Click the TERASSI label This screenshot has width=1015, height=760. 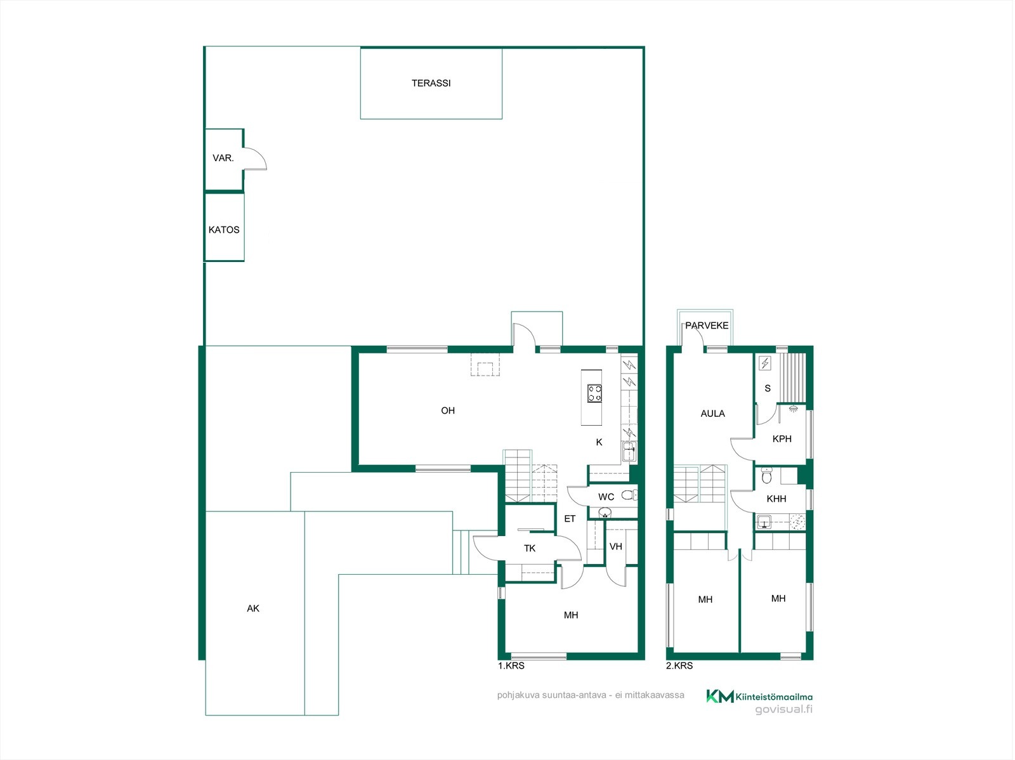(431, 83)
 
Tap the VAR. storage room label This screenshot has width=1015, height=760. (223, 158)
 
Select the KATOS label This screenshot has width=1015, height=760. (224, 230)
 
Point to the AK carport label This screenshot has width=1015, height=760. (253, 608)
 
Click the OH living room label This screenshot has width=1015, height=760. (448, 410)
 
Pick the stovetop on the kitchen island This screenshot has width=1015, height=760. (594, 393)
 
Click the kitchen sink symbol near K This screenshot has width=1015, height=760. (629, 452)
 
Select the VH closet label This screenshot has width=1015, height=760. (615, 546)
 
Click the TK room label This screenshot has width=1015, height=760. (530, 548)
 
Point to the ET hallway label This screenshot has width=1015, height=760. (569, 519)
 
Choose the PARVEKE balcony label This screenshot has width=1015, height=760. (707, 325)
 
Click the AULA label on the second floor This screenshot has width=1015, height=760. (712, 414)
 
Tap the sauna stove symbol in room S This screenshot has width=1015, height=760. (765, 364)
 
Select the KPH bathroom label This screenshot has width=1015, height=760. (782, 439)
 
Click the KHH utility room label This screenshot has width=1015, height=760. (776, 499)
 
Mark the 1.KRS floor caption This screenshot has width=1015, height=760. (511, 665)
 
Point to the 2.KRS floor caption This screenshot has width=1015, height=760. (679, 665)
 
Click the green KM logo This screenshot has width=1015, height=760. (720, 696)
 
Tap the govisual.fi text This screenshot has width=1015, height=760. (784, 709)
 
